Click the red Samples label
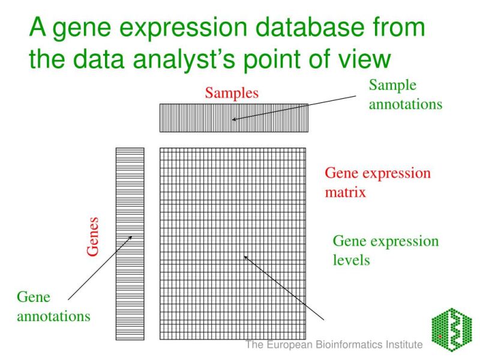tap(232, 93)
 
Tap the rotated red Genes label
tap(93, 236)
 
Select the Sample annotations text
tap(405, 95)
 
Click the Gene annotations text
tap(53, 306)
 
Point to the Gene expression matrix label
tap(377, 183)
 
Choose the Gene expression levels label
tap(385, 250)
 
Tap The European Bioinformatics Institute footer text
tap(334, 345)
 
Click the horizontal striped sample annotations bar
tap(233, 118)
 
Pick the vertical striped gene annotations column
tap(130, 243)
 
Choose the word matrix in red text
tap(345, 193)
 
